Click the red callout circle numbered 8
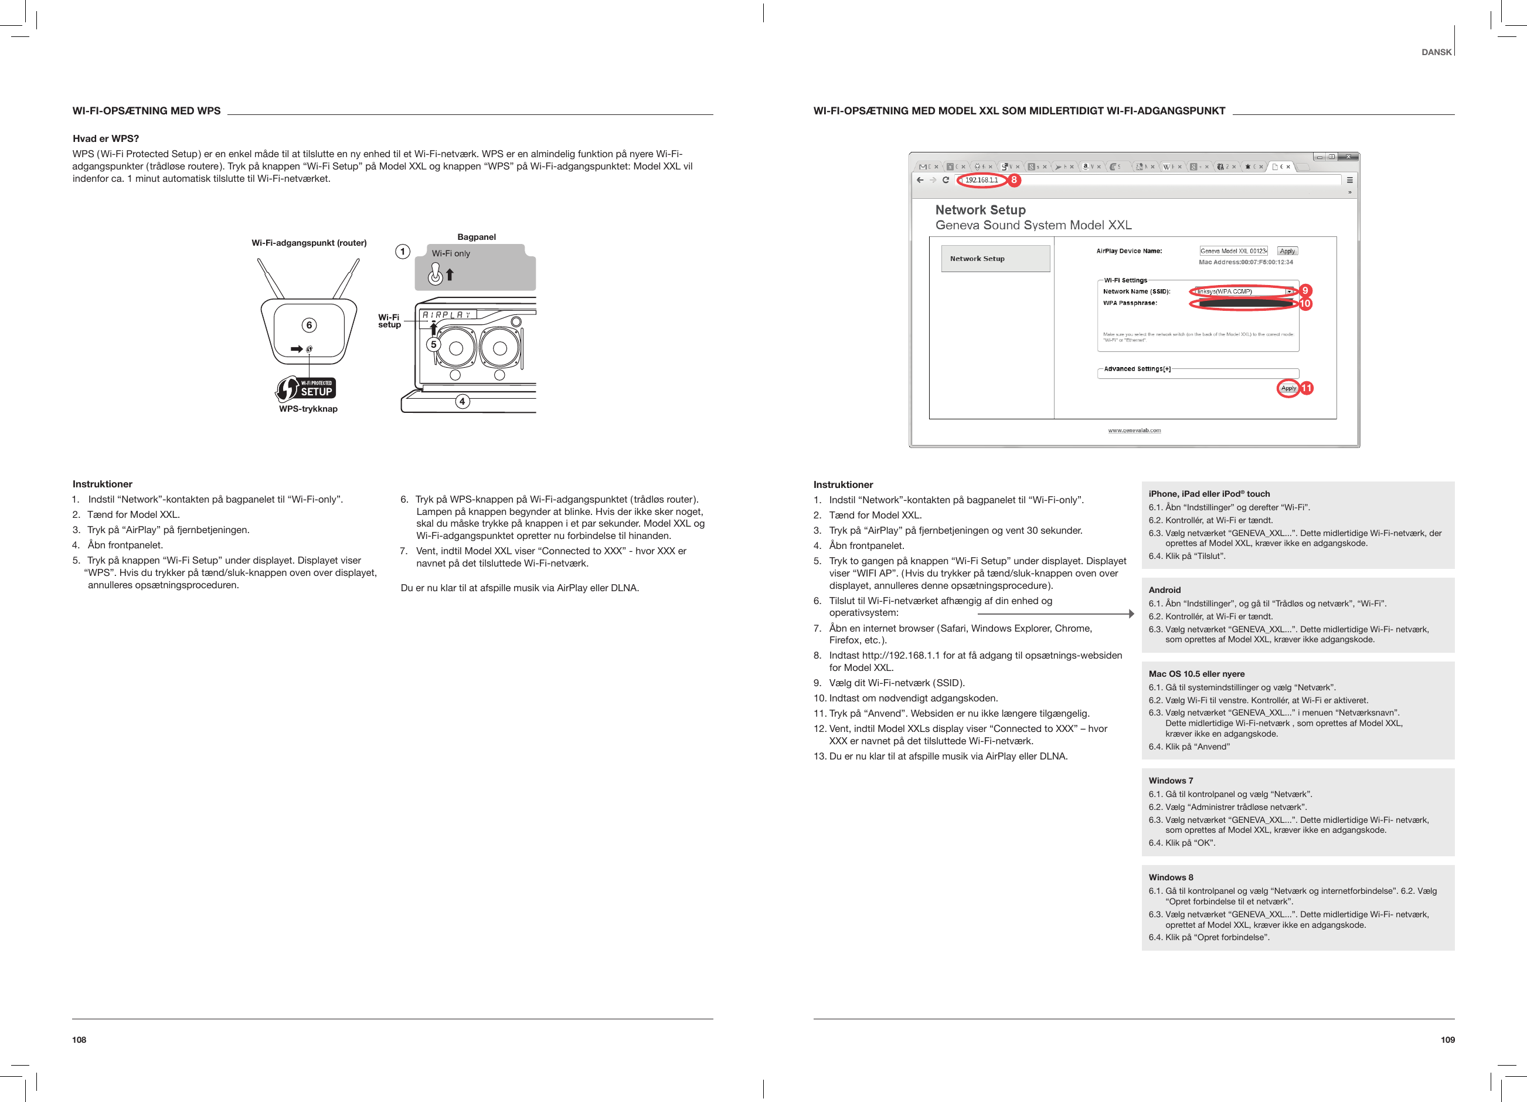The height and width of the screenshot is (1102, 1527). click(1014, 180)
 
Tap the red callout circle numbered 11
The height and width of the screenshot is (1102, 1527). click(1306, 388)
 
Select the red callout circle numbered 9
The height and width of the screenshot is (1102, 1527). click(1305, 290)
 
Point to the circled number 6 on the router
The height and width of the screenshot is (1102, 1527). click(309, 325)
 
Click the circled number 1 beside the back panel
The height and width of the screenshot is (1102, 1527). click(403, 252)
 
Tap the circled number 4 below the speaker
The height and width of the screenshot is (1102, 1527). click(462, 402)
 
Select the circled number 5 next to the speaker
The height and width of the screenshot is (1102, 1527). click(434, 344)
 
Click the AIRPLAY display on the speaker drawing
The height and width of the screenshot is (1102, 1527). click(447, 314)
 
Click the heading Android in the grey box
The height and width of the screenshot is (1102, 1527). click(1164, 589)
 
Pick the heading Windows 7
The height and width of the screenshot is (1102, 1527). click(1170, 780)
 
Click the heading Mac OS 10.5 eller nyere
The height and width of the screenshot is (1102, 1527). click(1196, 674)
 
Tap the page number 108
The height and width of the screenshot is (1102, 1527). click(80, 1039)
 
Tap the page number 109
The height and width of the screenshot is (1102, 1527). click(1447, 1039)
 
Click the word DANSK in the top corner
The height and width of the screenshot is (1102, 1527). click(1436, 52)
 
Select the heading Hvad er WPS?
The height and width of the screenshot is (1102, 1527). click(106, 139)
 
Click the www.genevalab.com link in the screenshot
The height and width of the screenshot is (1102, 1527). click(1134, 430)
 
